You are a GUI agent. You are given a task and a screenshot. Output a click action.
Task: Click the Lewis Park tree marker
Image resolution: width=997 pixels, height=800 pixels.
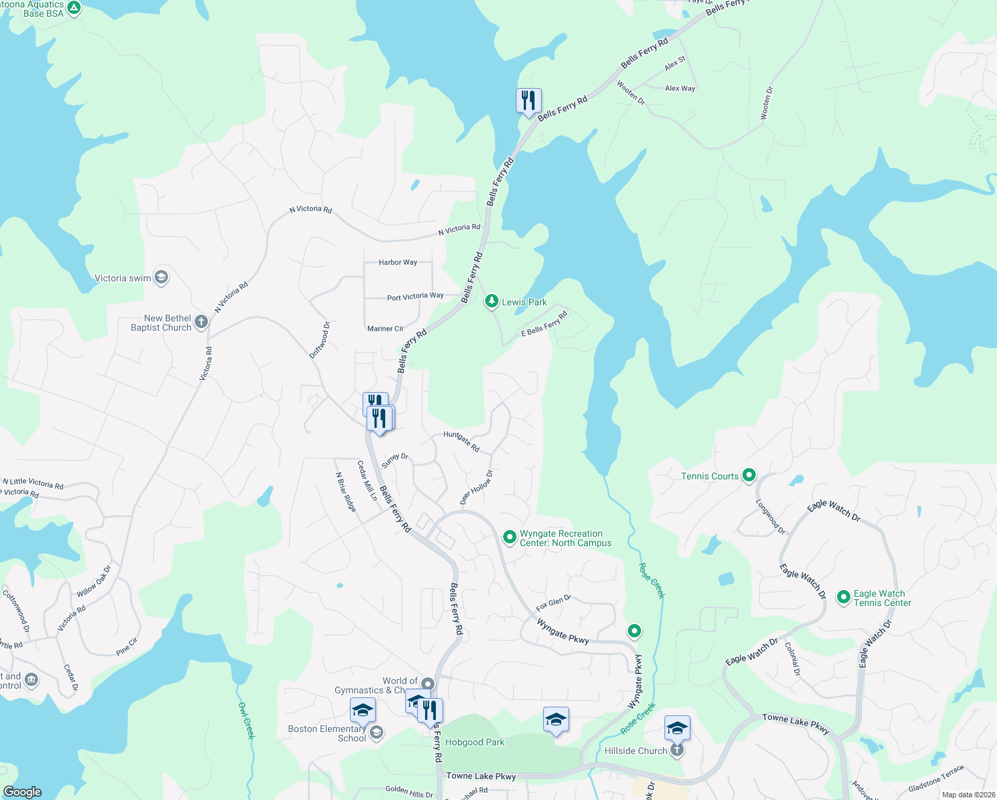click(491, 302)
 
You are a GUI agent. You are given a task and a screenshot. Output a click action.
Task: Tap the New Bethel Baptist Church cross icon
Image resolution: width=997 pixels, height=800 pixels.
click(201, 323)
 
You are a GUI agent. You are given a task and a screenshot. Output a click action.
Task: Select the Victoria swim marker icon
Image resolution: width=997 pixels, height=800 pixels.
click(161, 277)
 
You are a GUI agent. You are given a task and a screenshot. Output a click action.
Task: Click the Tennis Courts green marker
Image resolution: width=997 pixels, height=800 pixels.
click(749, 475)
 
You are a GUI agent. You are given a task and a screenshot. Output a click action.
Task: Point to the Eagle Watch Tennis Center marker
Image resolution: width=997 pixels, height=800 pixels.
click(843, 597)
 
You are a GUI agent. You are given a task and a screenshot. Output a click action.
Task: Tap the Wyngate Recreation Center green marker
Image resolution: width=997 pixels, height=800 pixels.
click(510, 537)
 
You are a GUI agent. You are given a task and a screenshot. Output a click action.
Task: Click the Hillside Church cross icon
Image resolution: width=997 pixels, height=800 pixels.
click(677, 751)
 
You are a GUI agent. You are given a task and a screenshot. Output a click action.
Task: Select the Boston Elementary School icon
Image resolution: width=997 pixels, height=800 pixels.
click(377, 733)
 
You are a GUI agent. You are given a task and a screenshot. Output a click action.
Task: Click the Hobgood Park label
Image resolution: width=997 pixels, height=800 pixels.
click(475, 742)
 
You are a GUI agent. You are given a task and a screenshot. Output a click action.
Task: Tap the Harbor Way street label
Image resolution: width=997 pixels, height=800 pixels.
click(398, 262)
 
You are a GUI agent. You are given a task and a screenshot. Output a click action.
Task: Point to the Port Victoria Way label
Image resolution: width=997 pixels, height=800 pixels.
click(415, 296)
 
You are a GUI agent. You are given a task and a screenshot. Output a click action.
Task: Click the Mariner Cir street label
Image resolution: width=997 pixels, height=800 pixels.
click(385, 329)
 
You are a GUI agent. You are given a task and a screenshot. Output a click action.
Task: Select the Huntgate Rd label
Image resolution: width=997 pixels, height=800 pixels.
click(461, 441)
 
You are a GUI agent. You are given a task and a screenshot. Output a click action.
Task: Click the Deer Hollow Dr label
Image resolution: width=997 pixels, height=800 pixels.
click(477, 487)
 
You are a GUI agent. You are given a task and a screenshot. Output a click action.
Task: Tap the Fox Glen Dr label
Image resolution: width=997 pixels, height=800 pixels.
click(553, 603)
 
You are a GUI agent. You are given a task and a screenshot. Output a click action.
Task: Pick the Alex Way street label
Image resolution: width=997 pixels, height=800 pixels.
click(680, 88)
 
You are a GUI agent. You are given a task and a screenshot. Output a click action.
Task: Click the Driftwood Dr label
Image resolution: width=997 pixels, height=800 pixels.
click(320, 340)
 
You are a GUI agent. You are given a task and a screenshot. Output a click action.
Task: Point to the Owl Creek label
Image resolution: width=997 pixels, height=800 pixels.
click(247, 720)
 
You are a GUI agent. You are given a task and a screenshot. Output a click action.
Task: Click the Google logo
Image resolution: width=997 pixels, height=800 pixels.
click(23, 791)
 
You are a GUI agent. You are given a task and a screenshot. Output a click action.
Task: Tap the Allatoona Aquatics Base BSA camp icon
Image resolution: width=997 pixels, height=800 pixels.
click(74, 9)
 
